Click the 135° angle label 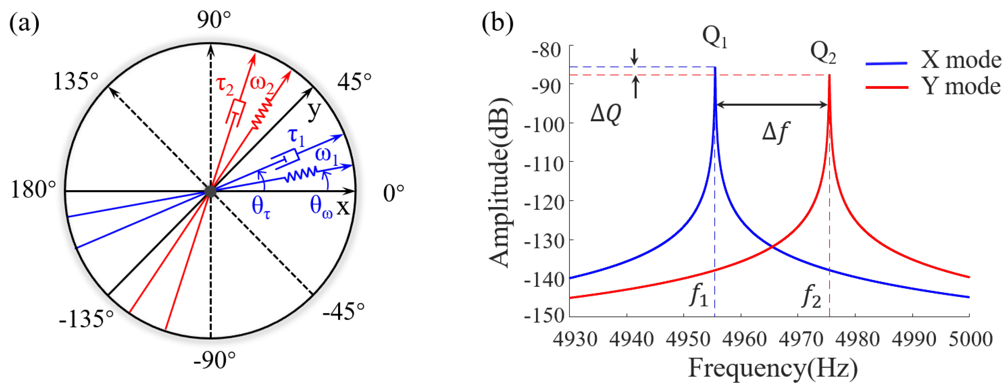pyautogui.click(x=75, y=82)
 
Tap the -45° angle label pyautogui.click(x=343, y=312)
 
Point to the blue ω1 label pyautogui.click(x=327, y=155)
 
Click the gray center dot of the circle pyautogui.click(x=210, y=191)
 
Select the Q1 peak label pyautogui.click(x=715, y=38)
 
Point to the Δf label pyautogui.click(x=775, y=133)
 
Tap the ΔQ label pyautogui.click(x=605, y=114)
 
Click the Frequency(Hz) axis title pyautogui.click(x=773, y=368)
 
